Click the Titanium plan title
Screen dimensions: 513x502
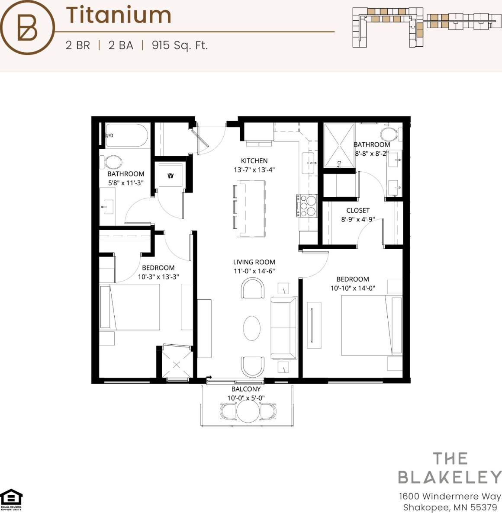tap(119, 15)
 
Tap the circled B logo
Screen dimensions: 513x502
tap(27, 27)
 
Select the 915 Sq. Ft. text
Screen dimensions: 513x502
tap(180, 45)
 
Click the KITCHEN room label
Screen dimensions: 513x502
tap(254, 161)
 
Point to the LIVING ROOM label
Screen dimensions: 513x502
tap(254, 262)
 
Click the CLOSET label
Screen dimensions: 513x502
tap(358, 211)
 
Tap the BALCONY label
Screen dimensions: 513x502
tap(246, 389)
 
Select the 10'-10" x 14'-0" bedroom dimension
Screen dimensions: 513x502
tap(353, 288)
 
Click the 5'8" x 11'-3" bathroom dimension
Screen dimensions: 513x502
tap(125, 183)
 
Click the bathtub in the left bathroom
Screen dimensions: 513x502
tap(127, 135)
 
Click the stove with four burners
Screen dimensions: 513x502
tap(306, 205)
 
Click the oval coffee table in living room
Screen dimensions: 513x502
tap(252, 328)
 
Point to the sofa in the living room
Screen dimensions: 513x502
tap(284, 328)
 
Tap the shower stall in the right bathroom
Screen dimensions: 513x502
tap(339, 145)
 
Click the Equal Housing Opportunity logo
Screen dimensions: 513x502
tap(11, 500)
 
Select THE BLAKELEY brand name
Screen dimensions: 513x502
tap(450, 468)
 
